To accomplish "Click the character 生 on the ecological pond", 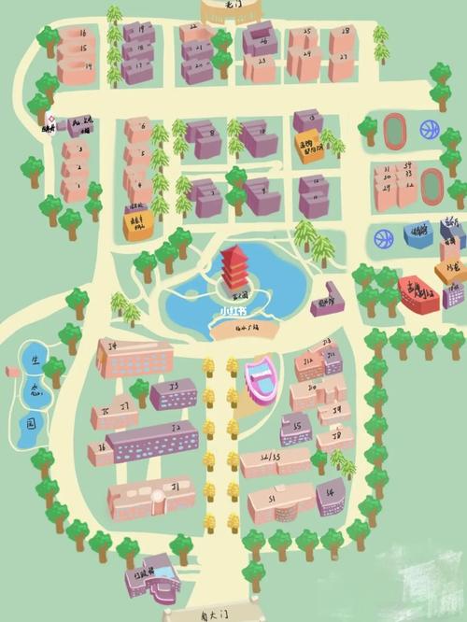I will pos(35,360).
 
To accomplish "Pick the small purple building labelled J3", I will pos(173,392).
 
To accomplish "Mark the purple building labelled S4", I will pos(331,495).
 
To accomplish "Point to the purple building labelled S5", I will pos(296,428).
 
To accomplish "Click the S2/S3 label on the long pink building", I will pos(273,459).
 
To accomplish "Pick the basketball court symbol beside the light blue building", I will pos(383,238).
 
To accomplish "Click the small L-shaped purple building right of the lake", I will pos(326,299).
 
